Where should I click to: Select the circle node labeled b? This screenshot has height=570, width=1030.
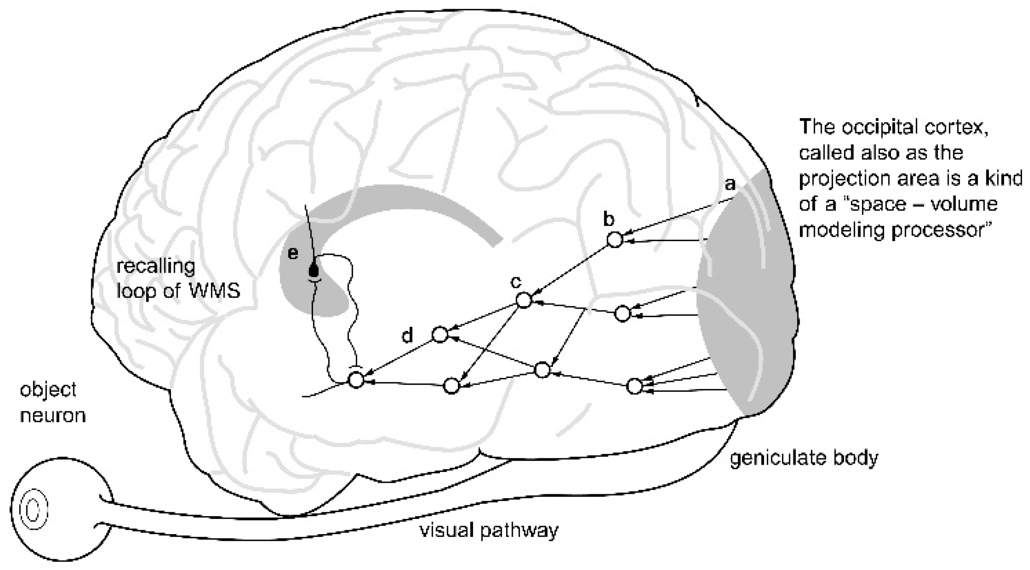[x=615, y=240]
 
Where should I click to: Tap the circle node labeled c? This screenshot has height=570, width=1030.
[x=524, y=300]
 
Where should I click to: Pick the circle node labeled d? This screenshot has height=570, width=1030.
[x=440, y=335]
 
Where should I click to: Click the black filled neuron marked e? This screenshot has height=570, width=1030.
[x=314, y=271]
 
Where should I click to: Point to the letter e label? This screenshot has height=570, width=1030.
[x=293, y=254]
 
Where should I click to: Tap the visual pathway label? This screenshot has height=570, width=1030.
[x=488, y=531]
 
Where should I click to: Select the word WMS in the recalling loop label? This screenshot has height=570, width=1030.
[x=214, y=291]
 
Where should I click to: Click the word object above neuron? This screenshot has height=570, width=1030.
[x=48, y=389]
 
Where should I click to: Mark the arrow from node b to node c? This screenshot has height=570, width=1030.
[x=570, y=270]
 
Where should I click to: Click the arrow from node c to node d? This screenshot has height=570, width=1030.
[x=482, y=317]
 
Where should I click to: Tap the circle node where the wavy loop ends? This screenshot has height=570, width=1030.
[x=356, y=379]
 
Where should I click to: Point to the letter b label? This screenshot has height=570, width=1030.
[x=608, y=219]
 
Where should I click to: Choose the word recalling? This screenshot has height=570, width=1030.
[x=156, y=267]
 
